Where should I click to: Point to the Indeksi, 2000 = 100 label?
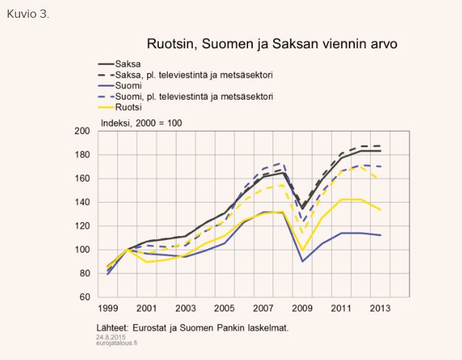[x=146, y=122]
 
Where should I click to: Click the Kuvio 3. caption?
[x=28, y=14]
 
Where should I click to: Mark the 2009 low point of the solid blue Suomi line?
[x=302, y=261]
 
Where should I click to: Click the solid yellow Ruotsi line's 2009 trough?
[x=302, y=250]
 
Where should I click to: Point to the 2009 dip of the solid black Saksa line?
[x=302, y=209]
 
